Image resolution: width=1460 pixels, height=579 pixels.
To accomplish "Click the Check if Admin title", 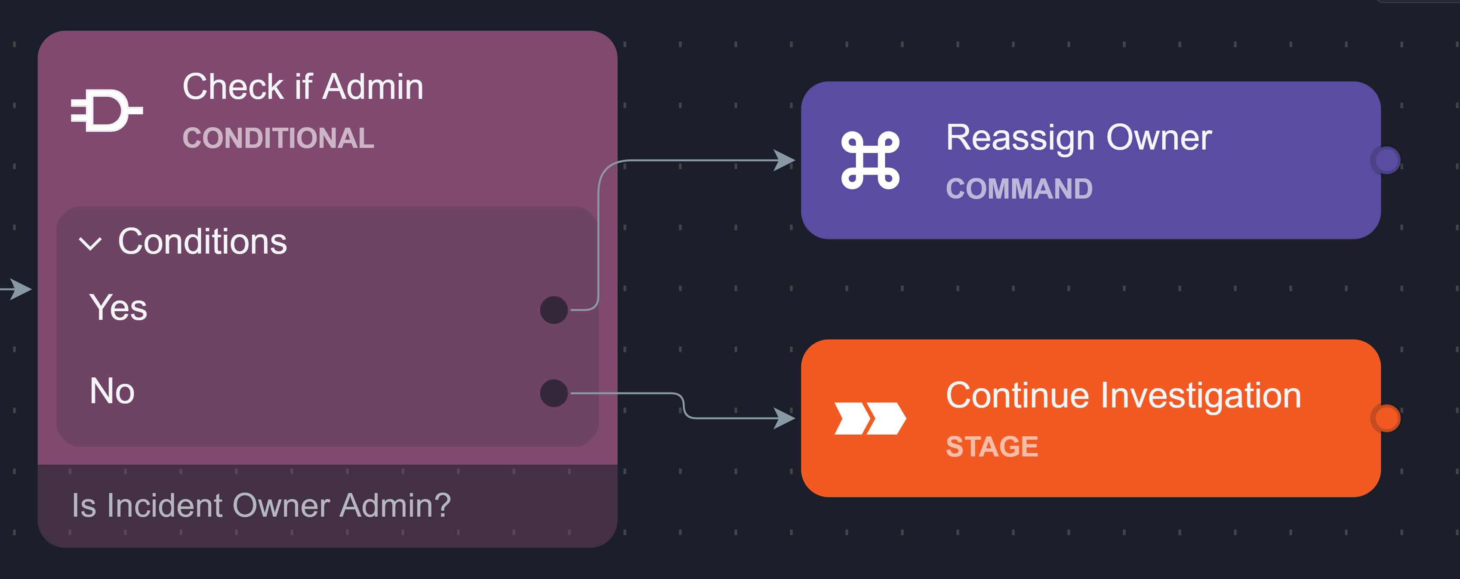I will click(303, 87).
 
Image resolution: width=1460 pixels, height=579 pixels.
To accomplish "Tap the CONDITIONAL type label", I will click(278, 138).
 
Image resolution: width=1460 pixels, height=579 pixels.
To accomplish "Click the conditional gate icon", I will click(107, 110).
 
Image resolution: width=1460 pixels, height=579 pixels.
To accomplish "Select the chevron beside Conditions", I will click(90, 244).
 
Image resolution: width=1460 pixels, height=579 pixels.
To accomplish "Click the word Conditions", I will click(202, 242).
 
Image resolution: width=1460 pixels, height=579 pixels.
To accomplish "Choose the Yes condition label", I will click(118, 308).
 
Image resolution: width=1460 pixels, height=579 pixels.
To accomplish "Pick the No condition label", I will click(112, 391).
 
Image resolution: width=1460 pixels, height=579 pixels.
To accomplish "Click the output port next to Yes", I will click(554, 310).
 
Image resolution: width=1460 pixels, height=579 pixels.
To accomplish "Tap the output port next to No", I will click(554, 393).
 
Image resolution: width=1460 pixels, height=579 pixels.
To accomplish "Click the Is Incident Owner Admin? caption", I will click(261, 505).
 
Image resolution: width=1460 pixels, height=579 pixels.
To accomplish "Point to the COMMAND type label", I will click(1019, 189).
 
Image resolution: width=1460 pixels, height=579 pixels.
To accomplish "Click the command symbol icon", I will click(870, 160).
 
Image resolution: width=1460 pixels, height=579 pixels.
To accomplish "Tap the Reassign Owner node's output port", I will click(1386, 160).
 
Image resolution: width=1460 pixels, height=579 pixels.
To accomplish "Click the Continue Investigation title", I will click(1123, 395).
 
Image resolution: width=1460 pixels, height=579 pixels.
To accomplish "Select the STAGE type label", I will click(992, 447).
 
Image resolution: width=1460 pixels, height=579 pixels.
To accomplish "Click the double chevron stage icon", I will click(870, 419).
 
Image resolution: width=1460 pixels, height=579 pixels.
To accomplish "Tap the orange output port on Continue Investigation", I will click(1386, 418).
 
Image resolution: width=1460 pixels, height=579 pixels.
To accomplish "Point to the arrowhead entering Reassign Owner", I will click(785, 160).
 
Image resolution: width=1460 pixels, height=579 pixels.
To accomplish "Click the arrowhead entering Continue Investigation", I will click(785, 418).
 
